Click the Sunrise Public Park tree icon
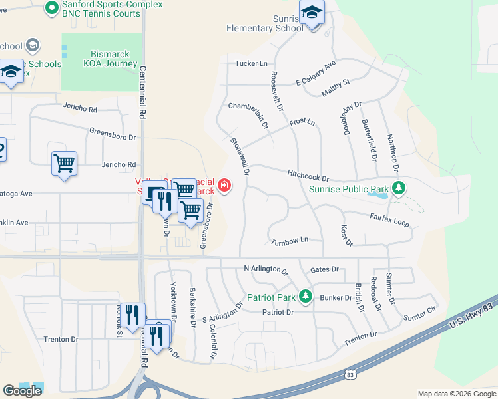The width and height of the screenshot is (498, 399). pos(398,188)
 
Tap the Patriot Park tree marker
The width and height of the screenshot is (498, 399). pos(306,296)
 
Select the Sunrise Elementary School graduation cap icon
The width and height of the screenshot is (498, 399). pos(311,13)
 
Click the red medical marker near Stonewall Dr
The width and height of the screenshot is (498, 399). pos(224,185)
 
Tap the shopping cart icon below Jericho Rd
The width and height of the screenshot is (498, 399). pos(64,163)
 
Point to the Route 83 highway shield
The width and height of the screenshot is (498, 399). pos(350,375)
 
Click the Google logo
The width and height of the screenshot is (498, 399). pos(22,390)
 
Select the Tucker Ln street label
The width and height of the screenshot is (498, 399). pos(251,63)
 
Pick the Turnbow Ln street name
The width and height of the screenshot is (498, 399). pos(290,241)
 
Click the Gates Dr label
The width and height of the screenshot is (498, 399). pos(324,269)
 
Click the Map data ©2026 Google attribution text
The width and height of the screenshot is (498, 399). pos(456,394)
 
